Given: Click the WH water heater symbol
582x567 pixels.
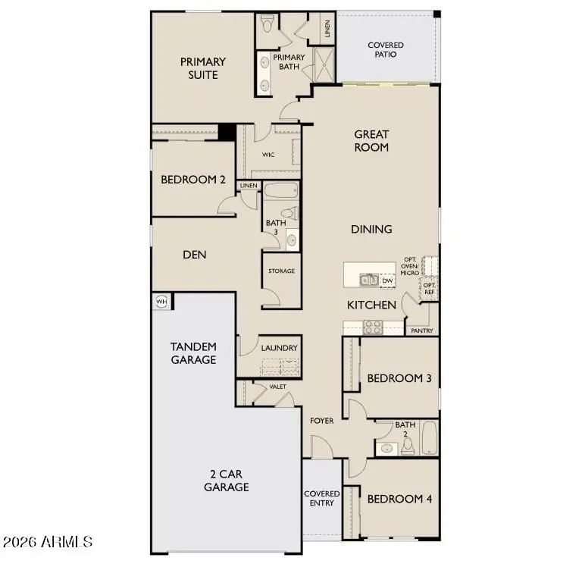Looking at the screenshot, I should tap(161, 302).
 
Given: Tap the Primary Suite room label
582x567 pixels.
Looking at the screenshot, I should tap(202, 68).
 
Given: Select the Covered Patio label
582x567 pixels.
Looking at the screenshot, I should tap(386, 50).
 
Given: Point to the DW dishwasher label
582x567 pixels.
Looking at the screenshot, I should tap(387, 280).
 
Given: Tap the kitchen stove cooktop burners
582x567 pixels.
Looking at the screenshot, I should tap(373, 327).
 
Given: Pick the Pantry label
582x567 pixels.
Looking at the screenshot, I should tap(421, 330).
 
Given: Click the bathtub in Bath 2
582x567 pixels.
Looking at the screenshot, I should tap(430, 438).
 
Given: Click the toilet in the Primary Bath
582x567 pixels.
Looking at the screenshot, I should tap(265, 25).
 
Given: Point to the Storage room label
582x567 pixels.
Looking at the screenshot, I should tap(281, 271).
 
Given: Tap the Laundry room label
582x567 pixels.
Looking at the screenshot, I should tap(280, 348).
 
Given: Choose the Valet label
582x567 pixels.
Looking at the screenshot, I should tap(278, 387).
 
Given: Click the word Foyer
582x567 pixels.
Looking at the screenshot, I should tap(322, 420).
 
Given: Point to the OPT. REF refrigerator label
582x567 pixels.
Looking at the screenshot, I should tap(429, 289).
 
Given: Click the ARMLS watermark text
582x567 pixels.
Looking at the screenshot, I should tap(48, 542).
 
